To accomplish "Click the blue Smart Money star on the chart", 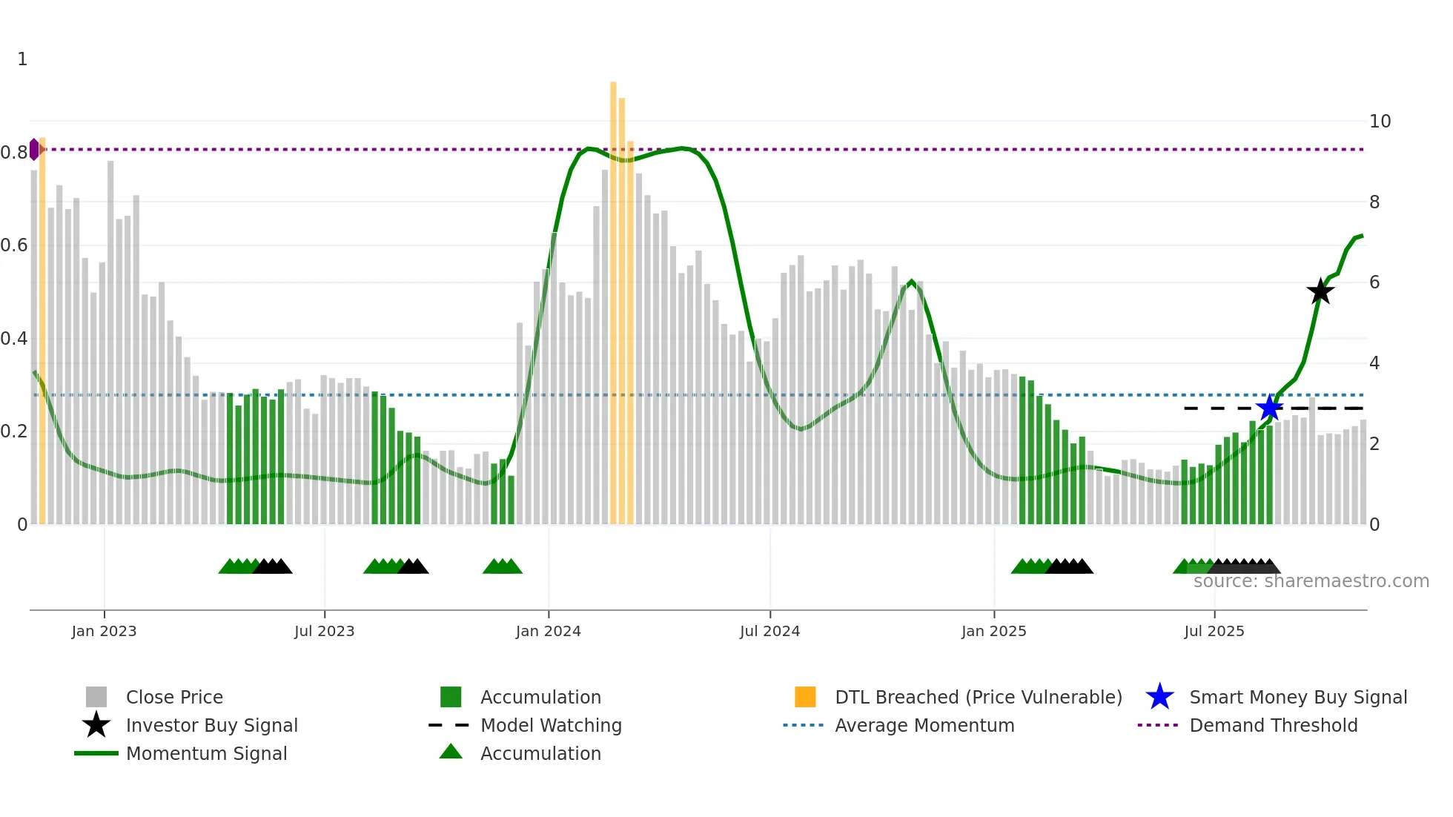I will (x=1269, y=408).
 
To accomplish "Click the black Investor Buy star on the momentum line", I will (x=1320, y=291).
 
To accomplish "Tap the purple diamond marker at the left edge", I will (x=34, y=149).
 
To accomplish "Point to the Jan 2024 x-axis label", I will (x=548, y=631).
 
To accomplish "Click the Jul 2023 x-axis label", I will (x=324, y=631).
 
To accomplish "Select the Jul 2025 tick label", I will (x=1214, y=631).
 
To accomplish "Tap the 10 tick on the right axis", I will (x=1380, y=122).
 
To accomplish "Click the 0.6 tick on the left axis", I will (x=14, y=245).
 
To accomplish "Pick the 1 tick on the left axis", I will (x=22, y=59).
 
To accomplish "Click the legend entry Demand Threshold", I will (x=1273, y=725).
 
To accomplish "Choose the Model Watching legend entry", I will (x=551, y=725).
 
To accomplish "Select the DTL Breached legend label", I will (x=978, y=697).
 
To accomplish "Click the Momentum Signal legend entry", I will (x=206, y=753).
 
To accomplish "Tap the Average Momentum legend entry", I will (x=924, y=725).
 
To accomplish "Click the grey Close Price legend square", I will (x=96, y=697).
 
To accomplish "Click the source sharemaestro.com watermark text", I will (x=1311, y=581).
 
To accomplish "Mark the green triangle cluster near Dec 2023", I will (x=503, y=566).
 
